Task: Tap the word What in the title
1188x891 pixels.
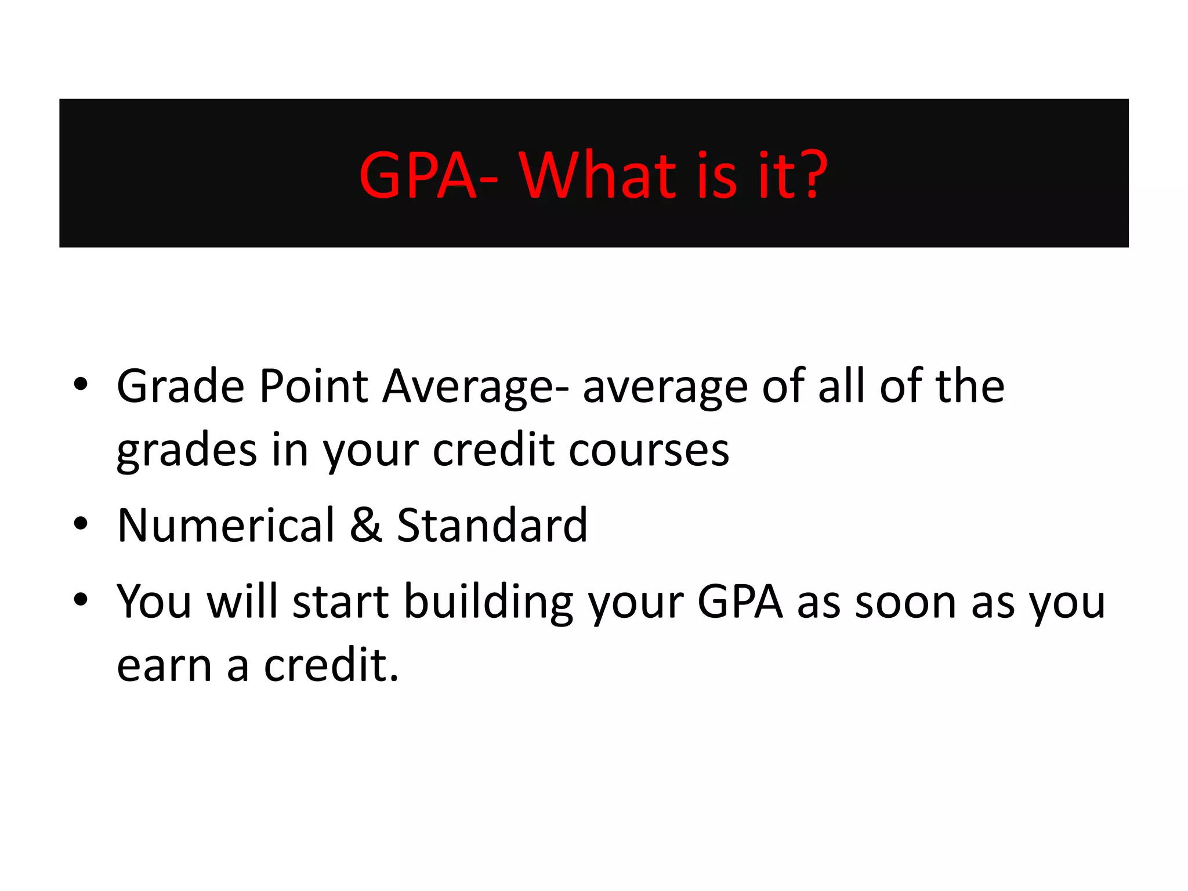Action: [597, 175]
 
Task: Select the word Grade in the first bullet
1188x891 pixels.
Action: [180, 386]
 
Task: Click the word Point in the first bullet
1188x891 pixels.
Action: [313, 386]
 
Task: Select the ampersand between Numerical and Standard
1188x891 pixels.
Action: [366, 526]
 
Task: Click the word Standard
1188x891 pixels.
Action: [492, 526]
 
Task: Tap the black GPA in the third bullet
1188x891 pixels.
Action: [740, 602]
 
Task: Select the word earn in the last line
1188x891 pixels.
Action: [164, 666]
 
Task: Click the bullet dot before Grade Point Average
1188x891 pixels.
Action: [81, 385]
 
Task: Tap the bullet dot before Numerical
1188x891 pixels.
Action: [81, 524]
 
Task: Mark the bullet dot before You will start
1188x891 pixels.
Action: [81, 600]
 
